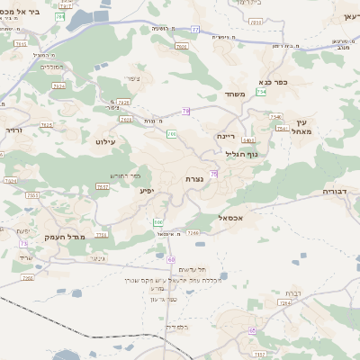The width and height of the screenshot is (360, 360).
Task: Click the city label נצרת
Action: [193, 178]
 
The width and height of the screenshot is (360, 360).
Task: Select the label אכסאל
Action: [231, 217]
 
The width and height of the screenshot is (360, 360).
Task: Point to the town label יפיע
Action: [147, 191]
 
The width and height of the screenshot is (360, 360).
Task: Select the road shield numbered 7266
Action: [193, 233]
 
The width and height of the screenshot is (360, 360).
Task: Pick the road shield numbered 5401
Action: [247, 140]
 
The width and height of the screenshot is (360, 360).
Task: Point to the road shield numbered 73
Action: [22, 243]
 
